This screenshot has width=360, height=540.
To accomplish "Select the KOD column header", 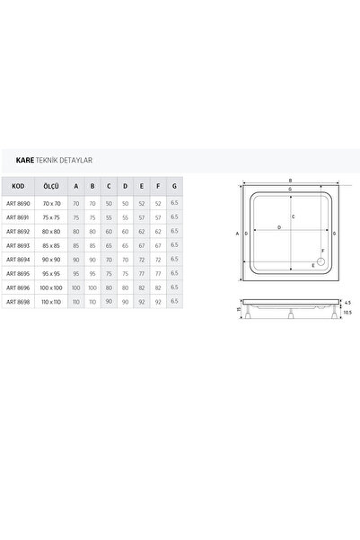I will tap(18, 186).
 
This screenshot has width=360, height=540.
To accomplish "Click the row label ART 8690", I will tap(18, 205).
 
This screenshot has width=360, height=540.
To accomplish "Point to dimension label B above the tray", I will tap(289, 179).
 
